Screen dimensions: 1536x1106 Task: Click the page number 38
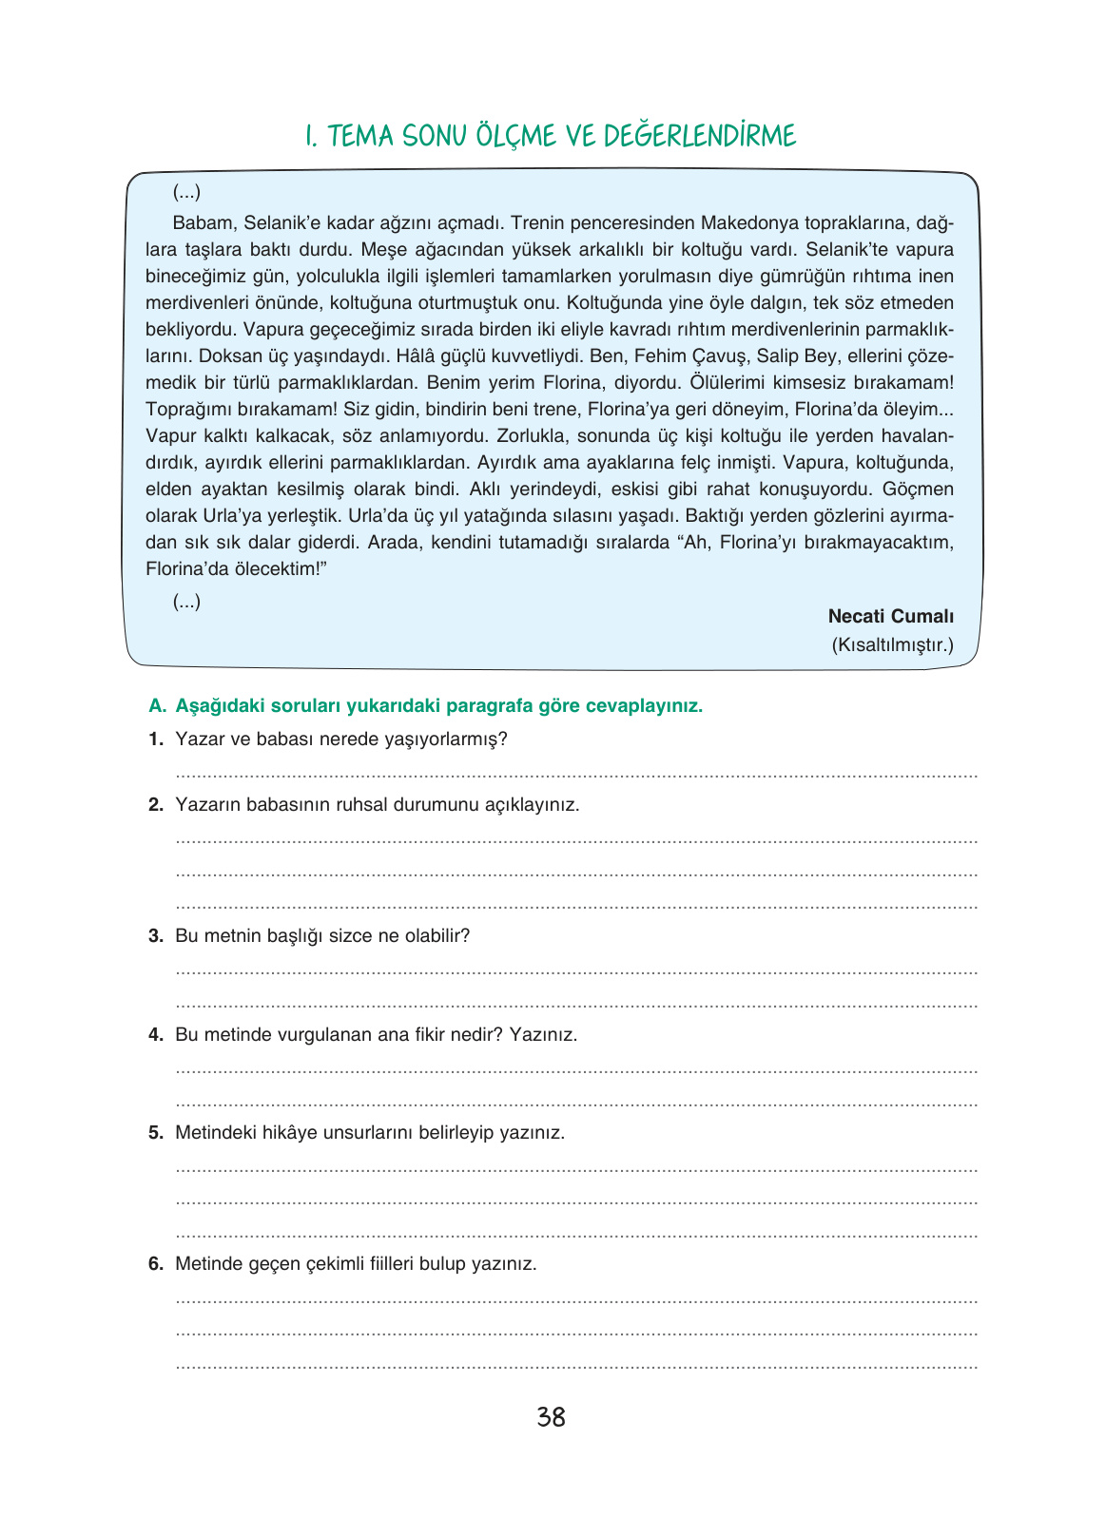point(551,1417)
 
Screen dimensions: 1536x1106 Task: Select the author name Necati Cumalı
point(890,616)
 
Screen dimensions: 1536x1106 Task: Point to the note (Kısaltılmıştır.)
point(892,644)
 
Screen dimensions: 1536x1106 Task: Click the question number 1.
point(156,739)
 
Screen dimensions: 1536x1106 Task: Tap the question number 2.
point(156,805)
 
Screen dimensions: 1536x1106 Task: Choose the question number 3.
point(156,936)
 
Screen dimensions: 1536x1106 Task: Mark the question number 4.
point(156,1035)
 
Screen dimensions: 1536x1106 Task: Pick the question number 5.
point(156,1133)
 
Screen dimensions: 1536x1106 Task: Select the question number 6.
point(156,1264)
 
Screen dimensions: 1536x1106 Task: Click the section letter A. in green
point(158,706)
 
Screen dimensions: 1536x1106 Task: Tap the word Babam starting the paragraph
point(203,223)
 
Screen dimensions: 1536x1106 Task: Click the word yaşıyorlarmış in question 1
point(448,739)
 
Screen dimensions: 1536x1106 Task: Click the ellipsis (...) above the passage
point(186,193)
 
